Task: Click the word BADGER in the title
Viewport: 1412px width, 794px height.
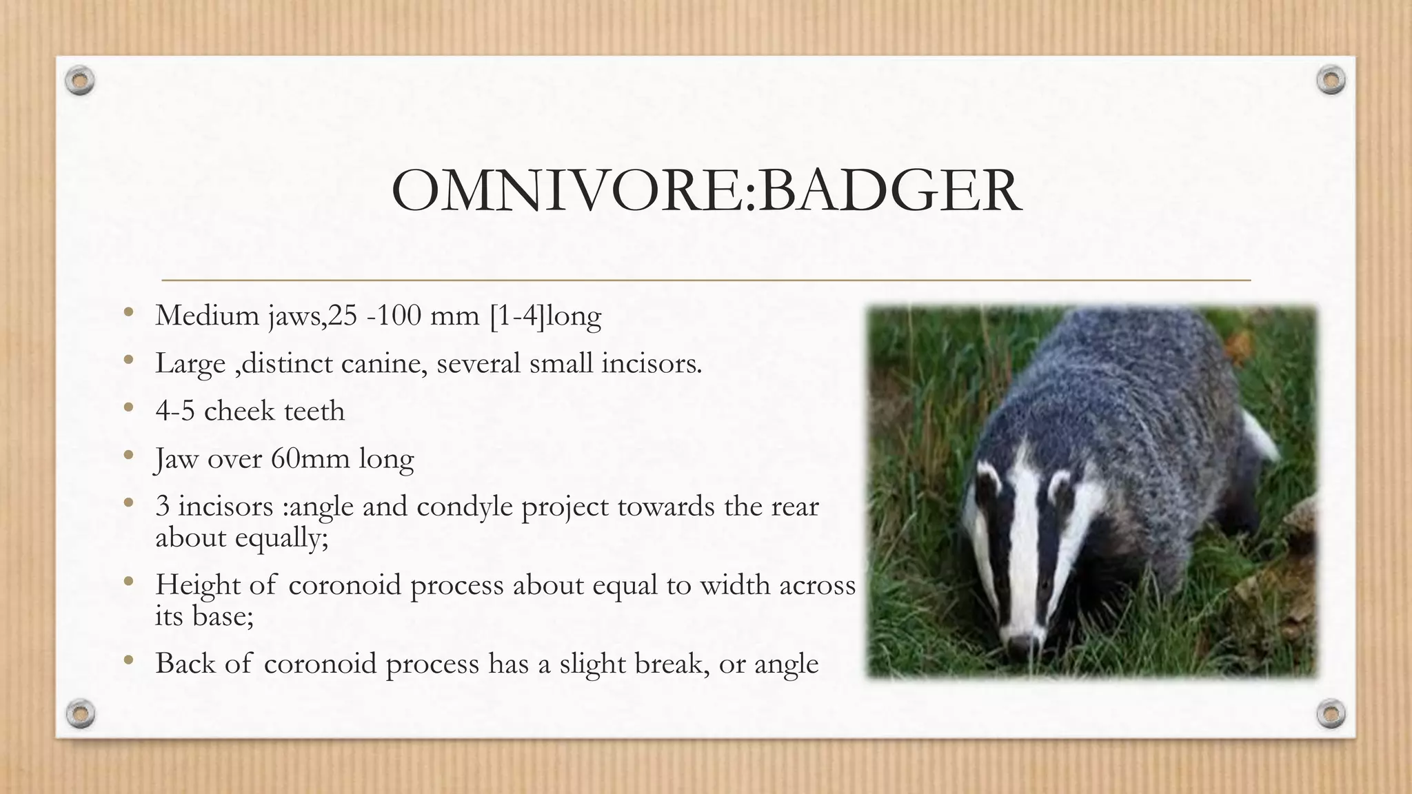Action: pyautogui.click(x=889, y=191)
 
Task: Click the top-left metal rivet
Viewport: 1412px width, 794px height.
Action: pyautogui.click(x=80, y=81)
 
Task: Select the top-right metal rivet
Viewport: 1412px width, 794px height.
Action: pyautogui.click(x=1331, y=81)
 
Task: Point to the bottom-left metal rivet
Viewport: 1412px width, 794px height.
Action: pyautogui.click(x=80, y=713)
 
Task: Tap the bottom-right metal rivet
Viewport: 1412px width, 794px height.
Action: pyautogui.click(x=1331, y=713)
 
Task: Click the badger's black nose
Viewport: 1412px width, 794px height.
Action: pyautogui.click(x=1019, y=647)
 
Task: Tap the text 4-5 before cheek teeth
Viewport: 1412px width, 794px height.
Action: pyautogui.click(x=175, y=411)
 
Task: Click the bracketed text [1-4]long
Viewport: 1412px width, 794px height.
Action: pyautogui.click(x=545, y=316)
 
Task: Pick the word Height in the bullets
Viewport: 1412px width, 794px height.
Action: pyautogui.click(x=197, y=585)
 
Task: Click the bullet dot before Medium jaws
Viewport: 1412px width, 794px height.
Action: pyautogui.click(x=128, y=314)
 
